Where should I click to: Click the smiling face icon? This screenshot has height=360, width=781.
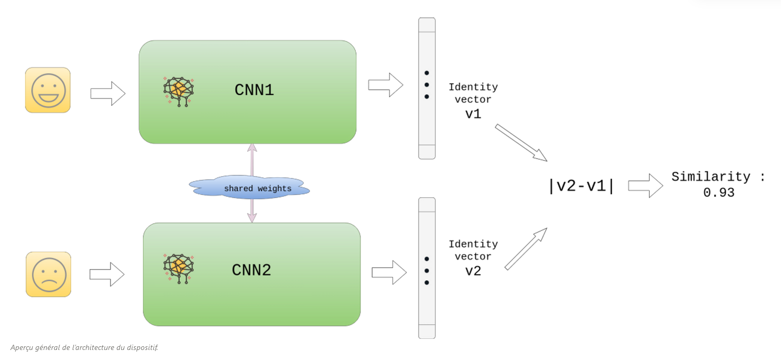coord(48,90)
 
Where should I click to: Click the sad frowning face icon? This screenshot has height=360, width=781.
coord(48,274)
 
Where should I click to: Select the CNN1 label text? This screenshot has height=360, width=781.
coord(254,90)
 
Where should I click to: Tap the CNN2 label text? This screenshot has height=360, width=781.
coord(251,270)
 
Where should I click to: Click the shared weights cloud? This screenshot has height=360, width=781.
coord(250,188)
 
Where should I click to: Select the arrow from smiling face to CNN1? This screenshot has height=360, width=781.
coord(108,94)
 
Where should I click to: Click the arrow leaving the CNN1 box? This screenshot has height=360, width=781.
coord(385,85)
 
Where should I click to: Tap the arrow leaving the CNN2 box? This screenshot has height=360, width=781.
coord(389,272)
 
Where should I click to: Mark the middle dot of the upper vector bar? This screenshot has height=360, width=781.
coord(426,84)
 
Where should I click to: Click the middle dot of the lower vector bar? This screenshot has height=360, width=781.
coord(426,270)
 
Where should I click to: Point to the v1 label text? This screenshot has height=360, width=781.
coord(473,114)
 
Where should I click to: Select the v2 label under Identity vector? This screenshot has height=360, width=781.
coord(473,271)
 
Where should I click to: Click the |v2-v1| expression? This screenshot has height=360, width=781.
coord(581,186)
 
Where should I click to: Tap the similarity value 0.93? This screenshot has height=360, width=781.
coord(719,193)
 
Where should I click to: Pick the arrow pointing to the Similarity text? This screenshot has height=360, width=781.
coord(645,186)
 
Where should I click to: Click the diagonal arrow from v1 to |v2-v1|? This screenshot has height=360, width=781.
coord(521,142)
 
